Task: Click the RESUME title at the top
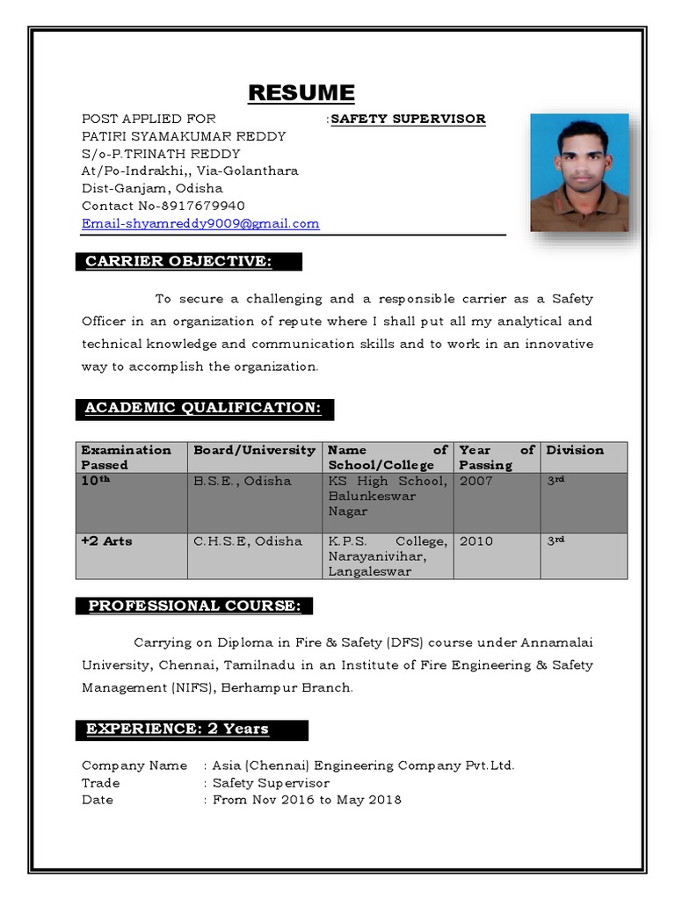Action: [301, 92]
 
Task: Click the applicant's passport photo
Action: [579, 172]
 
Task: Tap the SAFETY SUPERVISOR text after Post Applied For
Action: [408, 119]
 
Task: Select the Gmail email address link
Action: [200, 223]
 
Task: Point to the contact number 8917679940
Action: [203, 206]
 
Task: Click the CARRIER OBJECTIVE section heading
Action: [178, 261]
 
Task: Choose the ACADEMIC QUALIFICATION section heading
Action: [203, 408]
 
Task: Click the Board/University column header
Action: [254, 450]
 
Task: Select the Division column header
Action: [575, 450]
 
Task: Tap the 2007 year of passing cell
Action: [476, 481]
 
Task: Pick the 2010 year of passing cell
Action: [476, 541]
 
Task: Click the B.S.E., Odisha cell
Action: [242, 481]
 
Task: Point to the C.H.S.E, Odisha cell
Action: [247, 541]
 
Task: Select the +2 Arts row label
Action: [107, 541]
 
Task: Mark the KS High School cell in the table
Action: [387, 496]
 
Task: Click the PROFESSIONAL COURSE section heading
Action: [195, 606]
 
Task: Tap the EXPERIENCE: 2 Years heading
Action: [178, 729]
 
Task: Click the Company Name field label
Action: [134, 766]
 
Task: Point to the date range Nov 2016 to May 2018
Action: [307, 800]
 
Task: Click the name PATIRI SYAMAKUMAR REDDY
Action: [184, 136]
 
